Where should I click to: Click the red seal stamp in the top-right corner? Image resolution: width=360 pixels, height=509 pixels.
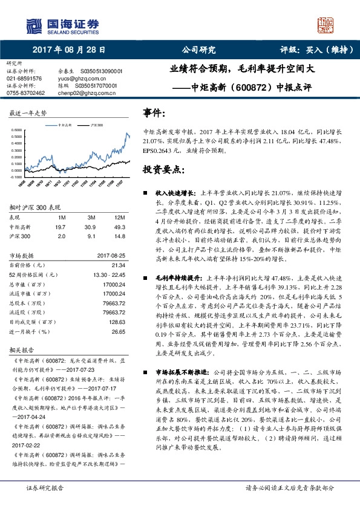tap(326, 25)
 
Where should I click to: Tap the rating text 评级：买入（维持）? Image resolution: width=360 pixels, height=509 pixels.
tap(309, 50)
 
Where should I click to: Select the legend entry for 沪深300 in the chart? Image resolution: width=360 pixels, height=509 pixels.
tap(94, 124)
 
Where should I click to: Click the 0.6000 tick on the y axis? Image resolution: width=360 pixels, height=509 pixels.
tap(18, 130)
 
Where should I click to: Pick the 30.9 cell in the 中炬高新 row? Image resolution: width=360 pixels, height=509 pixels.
tap(90, 225)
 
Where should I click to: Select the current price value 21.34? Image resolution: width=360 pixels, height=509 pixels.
tap(119, 265)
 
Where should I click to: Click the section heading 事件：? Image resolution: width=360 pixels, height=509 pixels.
tap(154, 113)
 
